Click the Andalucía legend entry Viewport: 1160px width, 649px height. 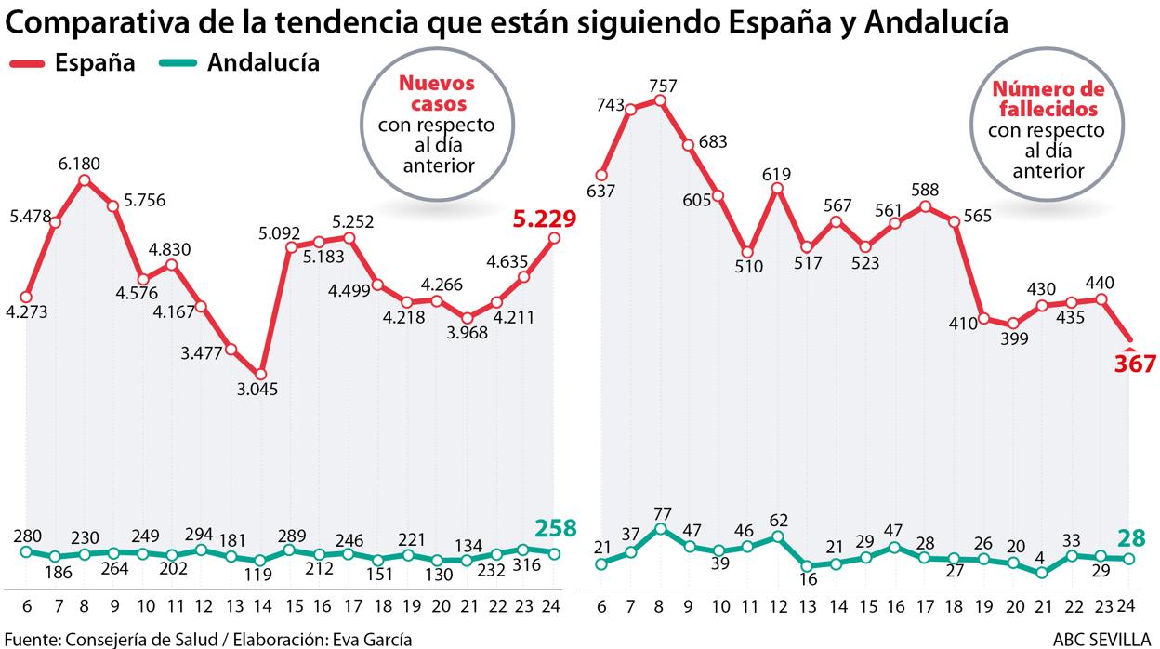coord(263,62)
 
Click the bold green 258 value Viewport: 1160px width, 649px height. coord(556,528)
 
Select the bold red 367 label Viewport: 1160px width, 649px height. coord(1135,364)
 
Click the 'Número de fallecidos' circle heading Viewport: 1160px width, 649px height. coord(1048,98)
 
